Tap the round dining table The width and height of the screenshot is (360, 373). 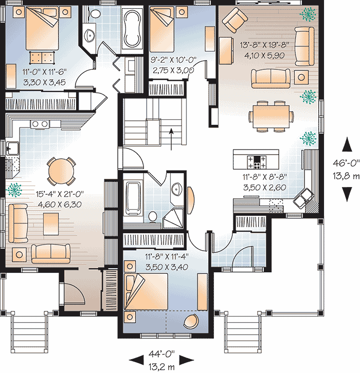[x=61, y=169]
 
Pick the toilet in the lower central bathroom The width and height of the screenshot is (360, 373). [x=153, y=217]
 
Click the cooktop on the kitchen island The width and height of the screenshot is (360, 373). [x=256, y=162]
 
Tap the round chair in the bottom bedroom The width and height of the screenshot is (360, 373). [x=191, y=321]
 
